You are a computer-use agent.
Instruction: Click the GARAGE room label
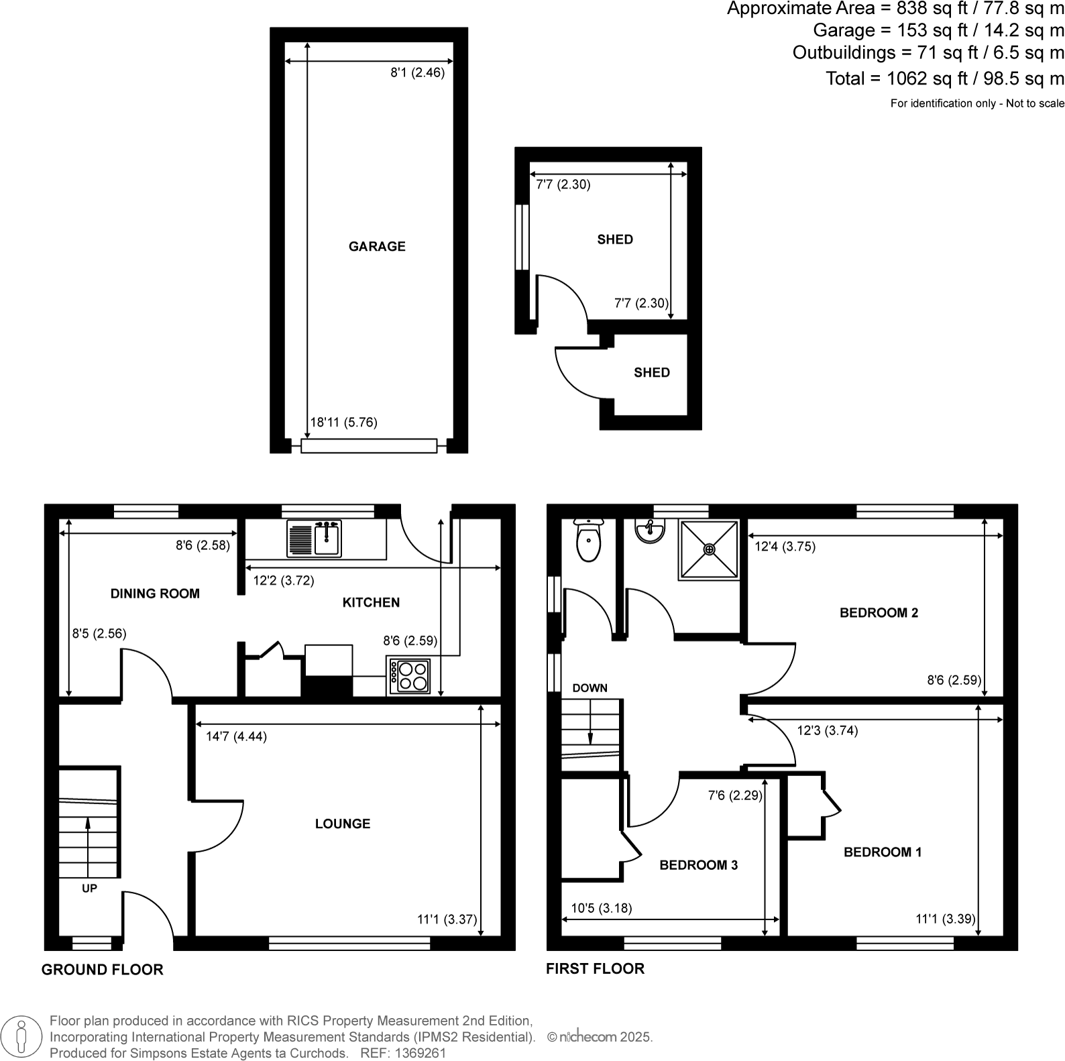click(377, 246)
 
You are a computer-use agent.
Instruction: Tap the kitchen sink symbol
click(314, 538)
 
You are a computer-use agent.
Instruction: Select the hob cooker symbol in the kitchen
click(409, 676)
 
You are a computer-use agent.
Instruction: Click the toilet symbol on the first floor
click(589, 541)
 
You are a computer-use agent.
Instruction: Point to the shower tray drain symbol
click(709, 549)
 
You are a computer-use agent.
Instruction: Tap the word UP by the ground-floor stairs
click(89, 888)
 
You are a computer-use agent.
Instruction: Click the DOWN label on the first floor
click(590, 687)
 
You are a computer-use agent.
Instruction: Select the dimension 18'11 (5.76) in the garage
click(343, 423)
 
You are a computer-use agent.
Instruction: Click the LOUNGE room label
click(343, 824)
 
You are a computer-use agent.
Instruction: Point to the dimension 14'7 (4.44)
click(236, 736)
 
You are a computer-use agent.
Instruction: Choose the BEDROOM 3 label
click(698, 865)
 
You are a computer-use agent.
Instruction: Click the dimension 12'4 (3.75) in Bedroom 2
click(785, 547)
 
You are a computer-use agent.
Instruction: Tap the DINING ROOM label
click(155, 593)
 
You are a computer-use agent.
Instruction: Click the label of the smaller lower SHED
click(651, 372)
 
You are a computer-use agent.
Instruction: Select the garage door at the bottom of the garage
click(369, 446)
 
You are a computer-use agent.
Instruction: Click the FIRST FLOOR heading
click(595, 968)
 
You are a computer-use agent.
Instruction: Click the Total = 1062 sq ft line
click(944, 78)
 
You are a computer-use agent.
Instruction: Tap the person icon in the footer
click(22, 1036)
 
